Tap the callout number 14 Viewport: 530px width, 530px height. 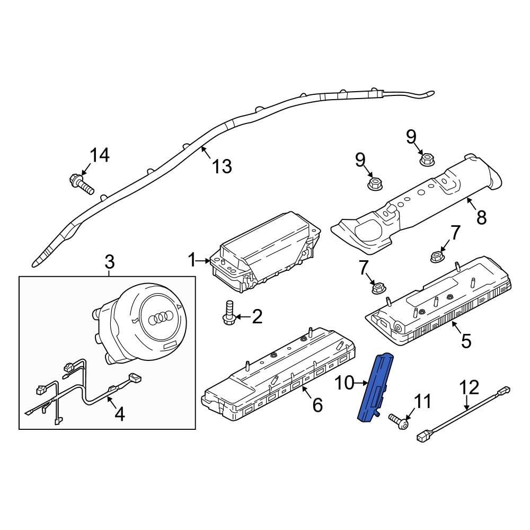99,155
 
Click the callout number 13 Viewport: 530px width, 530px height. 222,166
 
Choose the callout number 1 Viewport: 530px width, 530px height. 191,260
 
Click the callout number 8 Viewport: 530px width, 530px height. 481,217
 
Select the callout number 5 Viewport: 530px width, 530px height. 466,340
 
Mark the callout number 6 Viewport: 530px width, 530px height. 317,405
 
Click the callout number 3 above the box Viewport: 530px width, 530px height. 109,262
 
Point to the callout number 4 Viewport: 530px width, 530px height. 120,413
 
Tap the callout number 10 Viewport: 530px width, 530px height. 345,383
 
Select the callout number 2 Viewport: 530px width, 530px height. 257,317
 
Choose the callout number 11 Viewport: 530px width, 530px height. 422,402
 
